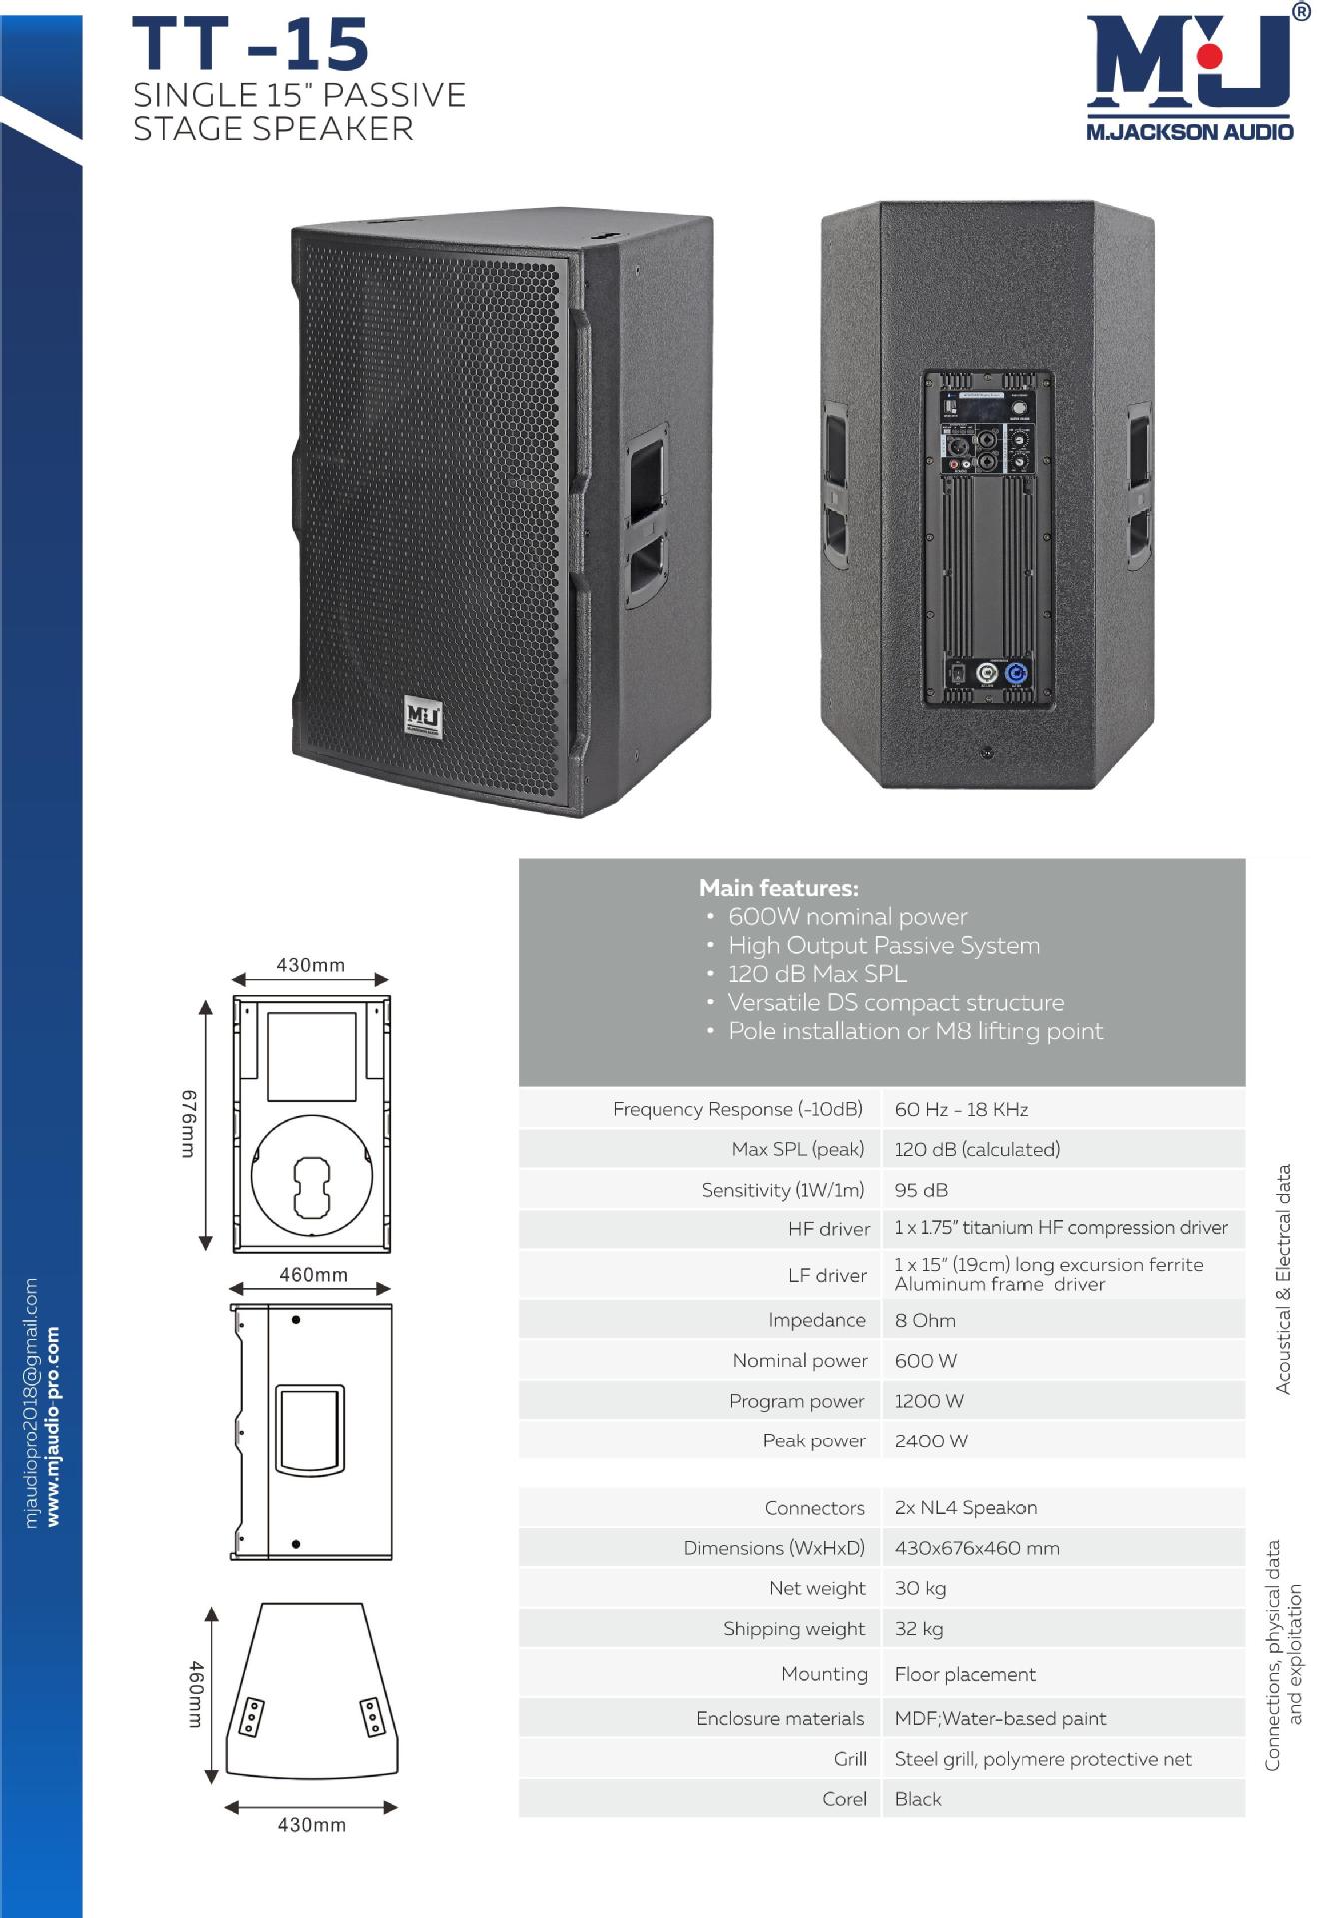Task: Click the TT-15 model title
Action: (250, 45)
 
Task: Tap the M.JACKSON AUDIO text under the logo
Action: (1189, 131)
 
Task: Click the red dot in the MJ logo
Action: (1209, 56)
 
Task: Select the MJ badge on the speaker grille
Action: (423, 717)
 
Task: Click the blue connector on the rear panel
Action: (1016, 673)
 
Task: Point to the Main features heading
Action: (778, 888)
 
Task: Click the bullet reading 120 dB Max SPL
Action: (817, 974)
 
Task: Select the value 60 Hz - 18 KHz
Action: (961, 1109)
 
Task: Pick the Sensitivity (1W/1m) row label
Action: (782, 1190)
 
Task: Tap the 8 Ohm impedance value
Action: (925, 1320)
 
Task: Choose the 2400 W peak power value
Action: (931, 1440)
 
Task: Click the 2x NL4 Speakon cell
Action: (965, 1507)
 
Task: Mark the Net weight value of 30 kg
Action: (920, 1588)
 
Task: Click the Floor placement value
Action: (965, 1674)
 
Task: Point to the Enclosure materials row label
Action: (780, 1718)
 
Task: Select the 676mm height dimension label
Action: (189, 1124)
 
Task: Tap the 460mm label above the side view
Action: (313, 1275)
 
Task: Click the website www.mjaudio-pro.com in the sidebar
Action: (53, 1426)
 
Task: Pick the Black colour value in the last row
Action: (918, 1799)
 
